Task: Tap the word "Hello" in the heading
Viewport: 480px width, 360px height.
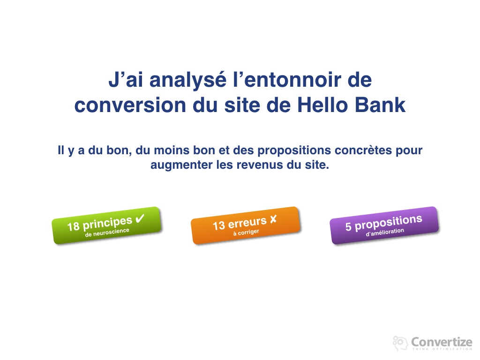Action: (x=322, y=105)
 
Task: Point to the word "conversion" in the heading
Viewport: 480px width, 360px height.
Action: (x=130, y=105)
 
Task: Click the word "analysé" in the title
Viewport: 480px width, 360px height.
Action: (x=188, y=80)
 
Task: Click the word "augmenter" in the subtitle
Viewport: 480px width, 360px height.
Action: (x=181, y=165)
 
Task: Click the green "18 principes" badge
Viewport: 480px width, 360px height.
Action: (x=106, y=225)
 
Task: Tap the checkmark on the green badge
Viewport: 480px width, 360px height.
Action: (x=140, y=218)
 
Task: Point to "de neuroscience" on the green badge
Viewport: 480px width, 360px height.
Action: (x=107, y=232)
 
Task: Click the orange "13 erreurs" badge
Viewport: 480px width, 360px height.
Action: (x=245, y=225)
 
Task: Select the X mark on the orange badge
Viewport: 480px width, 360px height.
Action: (x=273, y=219)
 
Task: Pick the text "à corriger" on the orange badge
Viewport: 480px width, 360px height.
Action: (x=246, y=232)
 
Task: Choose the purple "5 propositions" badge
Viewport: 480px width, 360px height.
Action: (x=384, y=225)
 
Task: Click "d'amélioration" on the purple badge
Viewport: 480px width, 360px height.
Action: (x=385, y=232)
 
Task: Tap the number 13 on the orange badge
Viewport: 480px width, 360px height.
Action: (x=219, y=226)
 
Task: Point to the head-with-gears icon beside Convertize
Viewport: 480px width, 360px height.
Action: (x=400, y=343)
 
